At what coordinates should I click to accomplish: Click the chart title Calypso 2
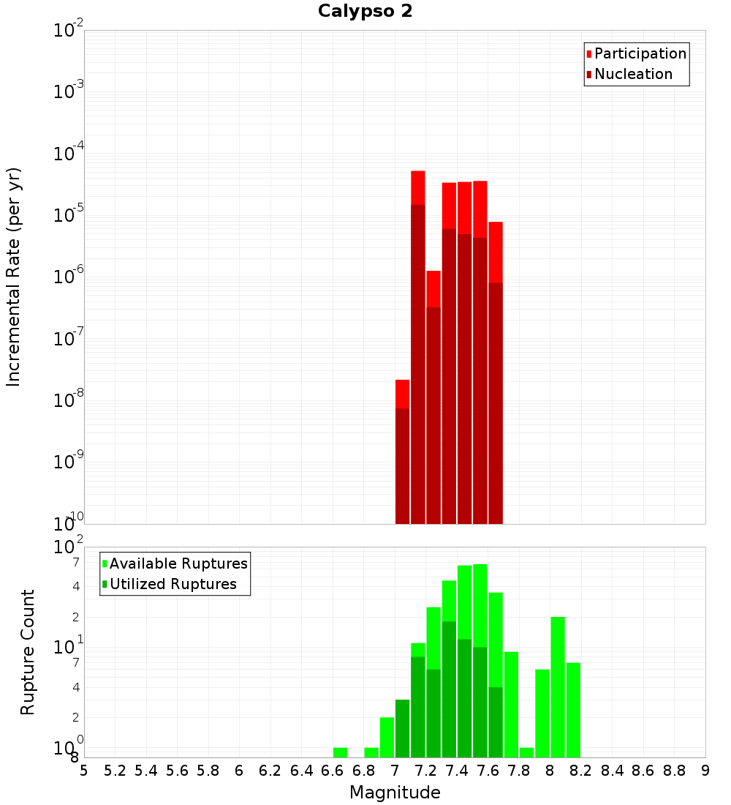[x=365, y=12]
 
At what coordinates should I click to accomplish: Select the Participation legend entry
[x=640, y=53]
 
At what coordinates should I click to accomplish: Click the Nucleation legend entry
[x=633, y=74]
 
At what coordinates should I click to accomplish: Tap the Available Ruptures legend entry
[x=178, y=563]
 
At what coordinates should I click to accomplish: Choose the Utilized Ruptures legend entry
[x=173, y=584]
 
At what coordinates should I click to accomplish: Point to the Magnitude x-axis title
[x=395, y=793]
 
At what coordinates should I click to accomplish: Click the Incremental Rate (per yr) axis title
[x=14, y=277]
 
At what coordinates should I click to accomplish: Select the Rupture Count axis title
[x=28, y=652]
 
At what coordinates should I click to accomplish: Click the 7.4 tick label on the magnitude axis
[x=457, y=771]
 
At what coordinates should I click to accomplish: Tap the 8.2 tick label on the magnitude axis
[x=581, y=771]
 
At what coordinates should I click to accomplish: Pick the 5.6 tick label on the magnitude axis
[x=177, y=771]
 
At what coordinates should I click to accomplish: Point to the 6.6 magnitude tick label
[x=333, y=771]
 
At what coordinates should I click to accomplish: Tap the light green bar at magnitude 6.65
[x=340, y=752]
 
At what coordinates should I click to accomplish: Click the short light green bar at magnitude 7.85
[x=527, y=752]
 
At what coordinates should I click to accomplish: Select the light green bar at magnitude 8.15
[x=573, y=710]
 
